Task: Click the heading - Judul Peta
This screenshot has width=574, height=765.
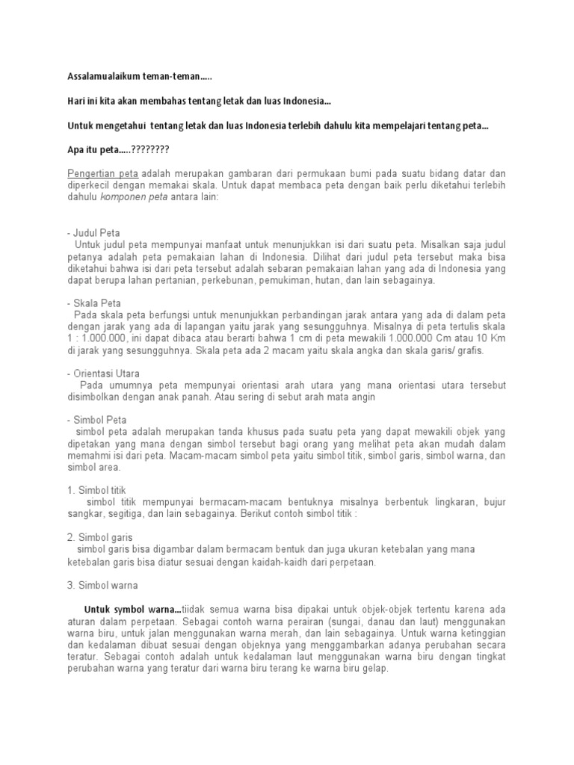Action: coord(93,233)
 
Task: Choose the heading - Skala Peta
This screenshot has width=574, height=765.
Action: coord(93,303)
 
